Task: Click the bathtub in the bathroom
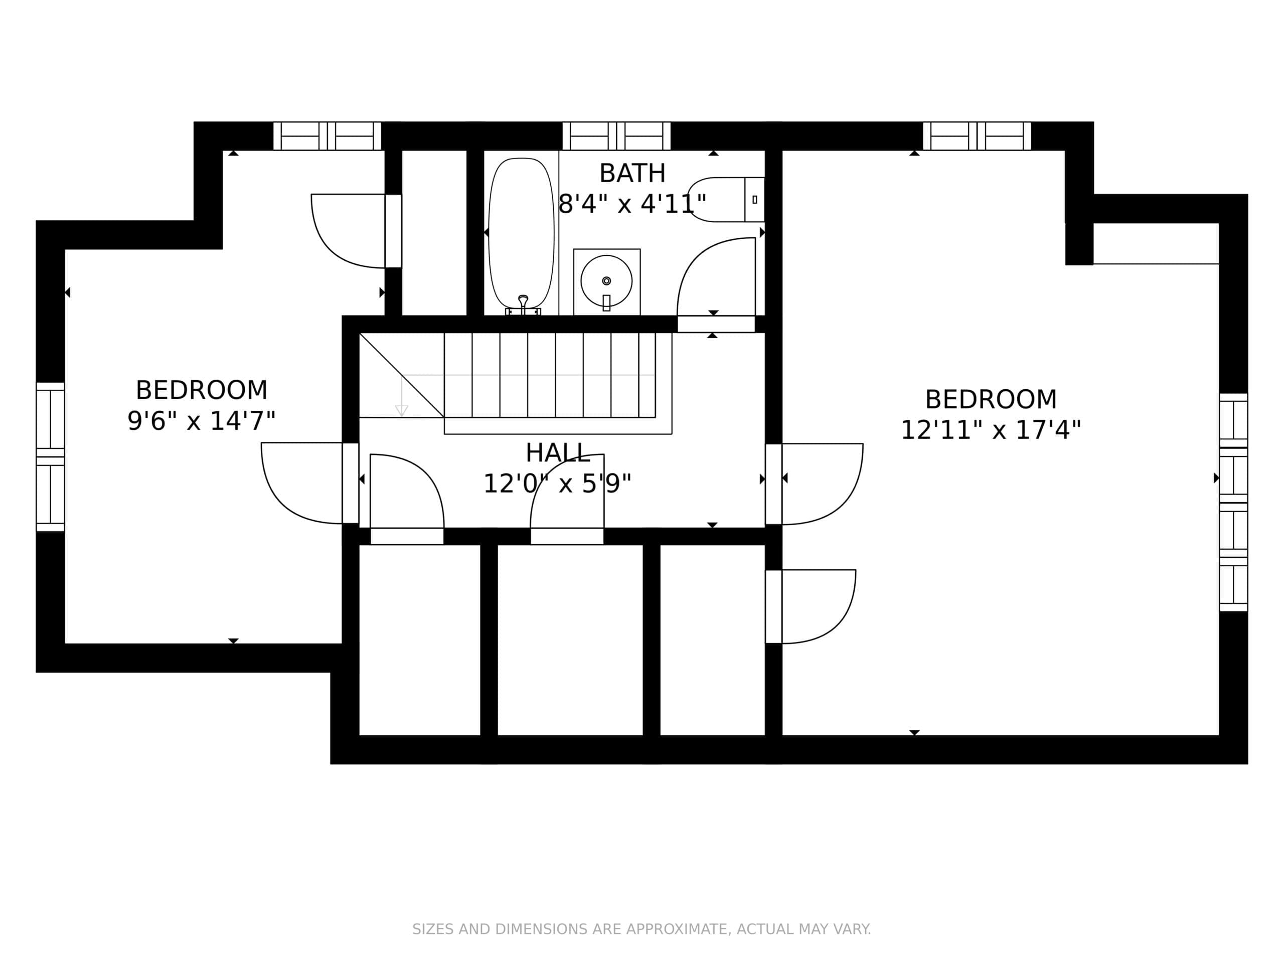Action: pyautogui.click(x=521, y=233)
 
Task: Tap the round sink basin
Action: pyautogui.click(x=606, y=281)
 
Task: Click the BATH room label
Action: pyautogui.click(x=632, y=173)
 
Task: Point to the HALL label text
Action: pyautogui.click(x=558, y=453)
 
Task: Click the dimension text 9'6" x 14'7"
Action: pyautogui.click(x=202, y=421)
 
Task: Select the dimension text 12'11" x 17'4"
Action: pyautogui.click(x=991, y=430)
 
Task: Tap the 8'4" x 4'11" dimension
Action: pyautogui.click(x=632, y=204)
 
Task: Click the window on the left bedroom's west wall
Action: pyautogui.click(x=51, y=456)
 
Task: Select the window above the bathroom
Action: pyautogui.click(x=616, y=136)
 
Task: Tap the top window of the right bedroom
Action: pyautogui.click(x=977, y=136)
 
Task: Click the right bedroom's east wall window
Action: pyautogui.click(x=1233, y=502)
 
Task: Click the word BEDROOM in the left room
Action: pyautogui.click(x=202, y=390)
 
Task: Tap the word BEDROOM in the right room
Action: pyautogui.click(x=991, y=399)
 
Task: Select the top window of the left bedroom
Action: pyautogui.click(x=328, y=136)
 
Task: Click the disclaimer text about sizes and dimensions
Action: pyautogui.click(x=641, y=929)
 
